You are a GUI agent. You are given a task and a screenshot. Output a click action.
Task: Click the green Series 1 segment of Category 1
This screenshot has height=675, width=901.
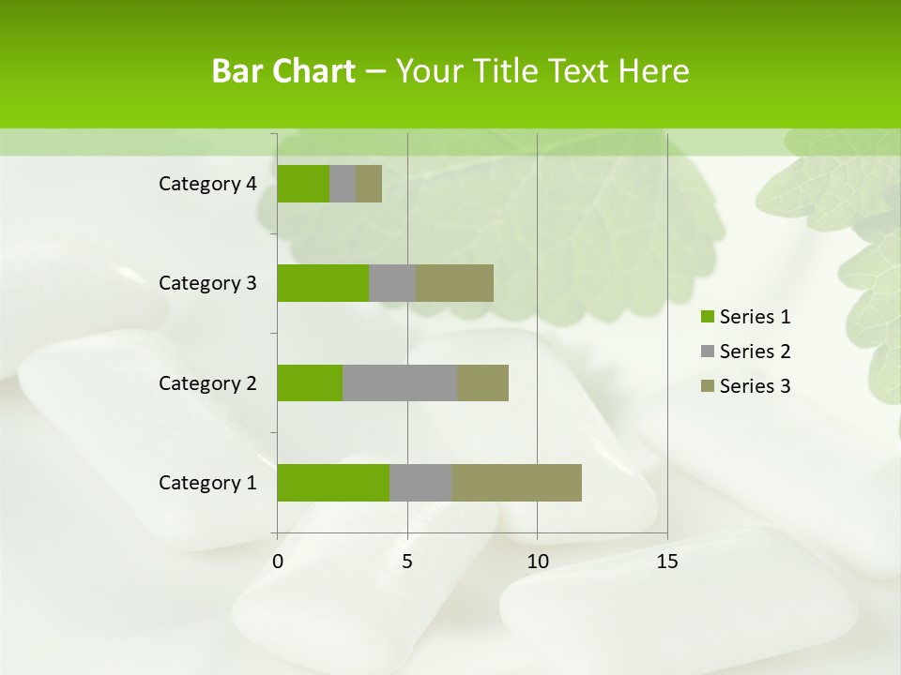pos(333,483)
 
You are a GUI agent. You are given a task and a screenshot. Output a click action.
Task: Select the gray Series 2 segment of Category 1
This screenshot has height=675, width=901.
pos(420,483)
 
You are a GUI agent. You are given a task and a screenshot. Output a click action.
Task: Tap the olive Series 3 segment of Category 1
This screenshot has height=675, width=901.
pos(516,483)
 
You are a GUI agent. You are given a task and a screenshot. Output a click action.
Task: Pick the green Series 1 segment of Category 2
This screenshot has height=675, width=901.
pos(310,382)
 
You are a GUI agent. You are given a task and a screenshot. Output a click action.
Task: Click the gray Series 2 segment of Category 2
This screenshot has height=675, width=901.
pos(400,382)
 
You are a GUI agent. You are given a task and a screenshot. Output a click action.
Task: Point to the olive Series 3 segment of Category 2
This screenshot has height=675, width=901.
pos(482,382)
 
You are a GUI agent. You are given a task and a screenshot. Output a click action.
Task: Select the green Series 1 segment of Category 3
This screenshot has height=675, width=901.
pos(323,283)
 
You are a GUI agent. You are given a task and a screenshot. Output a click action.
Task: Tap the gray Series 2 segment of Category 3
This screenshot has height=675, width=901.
pos(392,283)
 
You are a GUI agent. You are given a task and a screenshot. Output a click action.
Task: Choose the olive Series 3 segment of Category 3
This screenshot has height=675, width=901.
pos(454,283)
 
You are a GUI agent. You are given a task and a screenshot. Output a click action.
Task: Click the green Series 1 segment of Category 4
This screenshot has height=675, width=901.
pos(303,184)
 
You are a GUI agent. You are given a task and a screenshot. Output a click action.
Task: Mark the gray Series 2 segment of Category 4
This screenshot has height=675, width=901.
pos(343,184)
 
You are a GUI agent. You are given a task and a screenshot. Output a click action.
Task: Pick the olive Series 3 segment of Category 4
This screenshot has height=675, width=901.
pos(369,184)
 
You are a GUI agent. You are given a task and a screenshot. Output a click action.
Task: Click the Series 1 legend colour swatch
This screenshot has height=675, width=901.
pos(707,317)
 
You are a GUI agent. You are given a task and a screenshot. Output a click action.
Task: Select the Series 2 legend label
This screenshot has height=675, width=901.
pos(755,352)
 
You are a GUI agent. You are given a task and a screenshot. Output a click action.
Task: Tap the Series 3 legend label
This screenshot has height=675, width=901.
pos(755,386)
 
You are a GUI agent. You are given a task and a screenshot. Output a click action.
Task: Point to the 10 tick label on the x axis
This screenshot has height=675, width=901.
pos(537,562)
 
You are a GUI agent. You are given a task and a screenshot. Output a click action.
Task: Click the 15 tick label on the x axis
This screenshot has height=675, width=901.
pos(666,562)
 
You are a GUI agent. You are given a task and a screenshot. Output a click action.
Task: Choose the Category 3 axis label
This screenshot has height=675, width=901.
pos(207,283)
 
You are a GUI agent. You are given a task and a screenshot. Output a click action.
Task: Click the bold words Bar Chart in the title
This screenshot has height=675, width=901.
pos(283,71)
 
